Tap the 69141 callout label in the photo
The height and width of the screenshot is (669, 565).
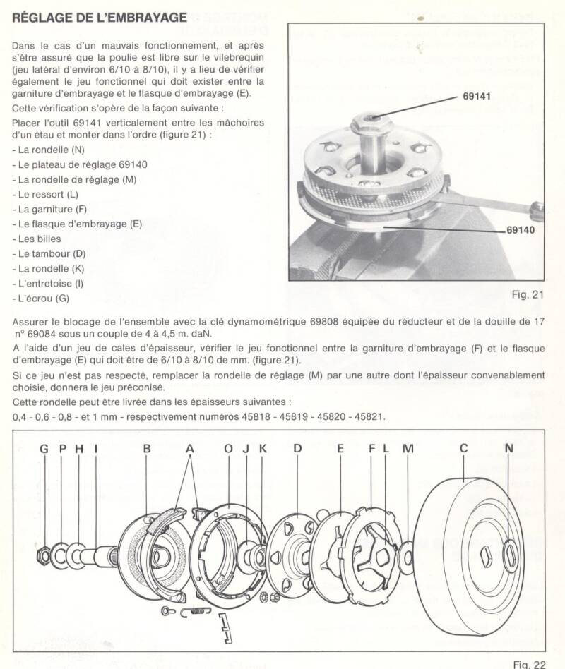point(477,96)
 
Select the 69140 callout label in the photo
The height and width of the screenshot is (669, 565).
point(521,230)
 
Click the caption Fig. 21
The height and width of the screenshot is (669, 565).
point(528,294)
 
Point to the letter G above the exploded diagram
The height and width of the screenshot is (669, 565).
point(44,448)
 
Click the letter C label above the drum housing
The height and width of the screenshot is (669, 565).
point(464,448)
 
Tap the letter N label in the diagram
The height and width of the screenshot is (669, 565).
point(509,448)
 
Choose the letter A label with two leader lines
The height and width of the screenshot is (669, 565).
point(190,448)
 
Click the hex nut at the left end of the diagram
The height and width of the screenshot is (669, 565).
point(44,554)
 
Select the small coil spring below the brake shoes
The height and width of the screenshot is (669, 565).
point(196,611)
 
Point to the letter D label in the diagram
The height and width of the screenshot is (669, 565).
point(297,448)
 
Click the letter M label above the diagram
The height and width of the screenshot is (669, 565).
point(408,448)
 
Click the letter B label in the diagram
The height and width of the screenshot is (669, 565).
point(147,448)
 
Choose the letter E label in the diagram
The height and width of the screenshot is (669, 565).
point(340,448)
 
